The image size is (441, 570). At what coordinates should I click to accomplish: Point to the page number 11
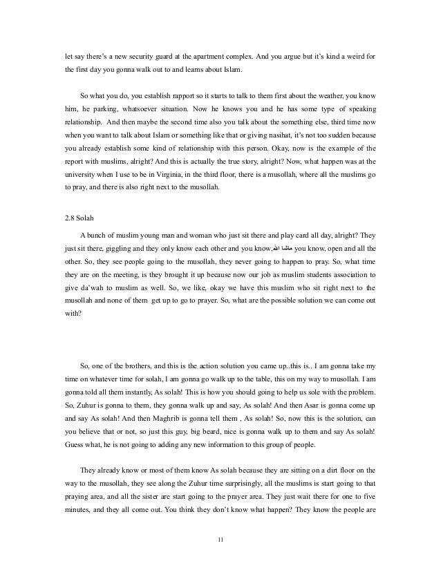tap(220, 540)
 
